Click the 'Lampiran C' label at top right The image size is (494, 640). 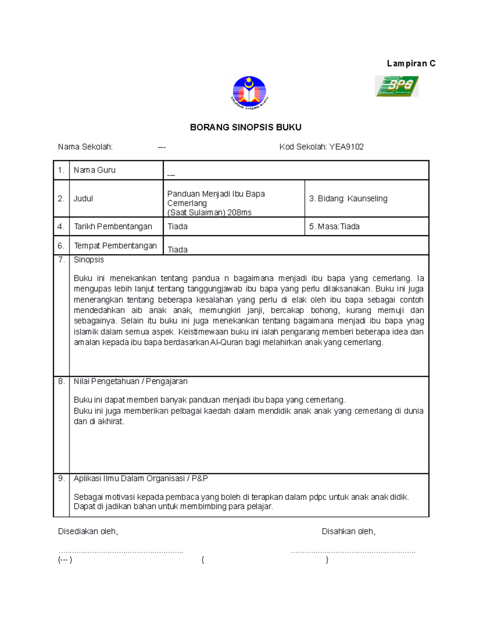411,63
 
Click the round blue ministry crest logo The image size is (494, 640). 249,93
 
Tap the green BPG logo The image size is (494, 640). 396,86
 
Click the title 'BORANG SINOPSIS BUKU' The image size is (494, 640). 245,127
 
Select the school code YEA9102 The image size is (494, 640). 346,147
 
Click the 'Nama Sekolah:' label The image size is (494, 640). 85,147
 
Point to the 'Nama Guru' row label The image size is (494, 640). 94,170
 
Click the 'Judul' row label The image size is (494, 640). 83,199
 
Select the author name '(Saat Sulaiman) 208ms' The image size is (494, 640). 209,213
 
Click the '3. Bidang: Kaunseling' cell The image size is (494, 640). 348,199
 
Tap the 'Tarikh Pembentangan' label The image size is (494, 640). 113,227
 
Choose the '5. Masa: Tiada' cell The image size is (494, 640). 334,227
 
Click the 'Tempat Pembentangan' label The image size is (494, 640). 115,246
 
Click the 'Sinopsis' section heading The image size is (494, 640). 89,260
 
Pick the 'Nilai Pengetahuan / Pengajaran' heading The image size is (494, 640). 130,382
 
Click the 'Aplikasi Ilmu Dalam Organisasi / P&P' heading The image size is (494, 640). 141,478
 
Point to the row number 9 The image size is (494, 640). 61,478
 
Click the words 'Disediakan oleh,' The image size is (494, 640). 88,532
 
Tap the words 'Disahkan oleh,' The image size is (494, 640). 348,532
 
